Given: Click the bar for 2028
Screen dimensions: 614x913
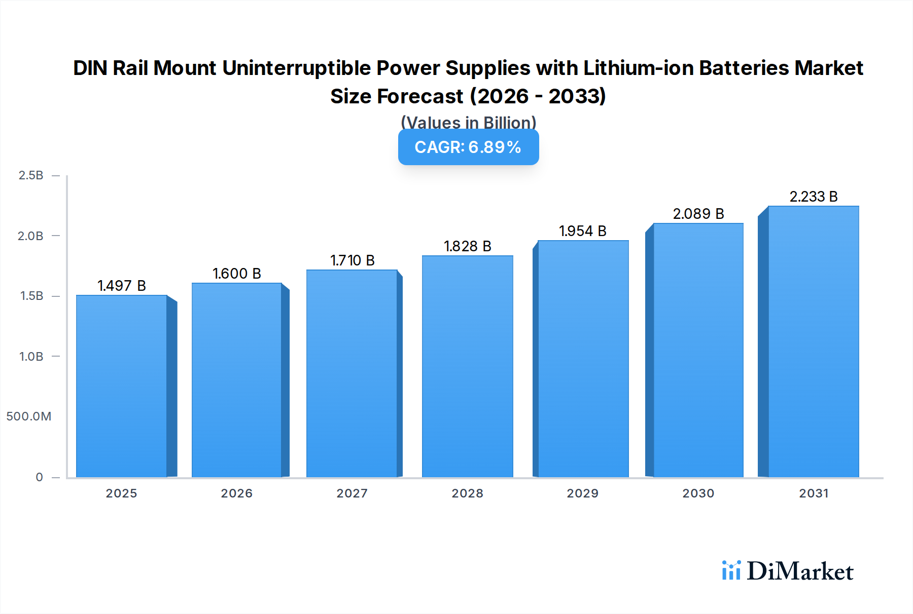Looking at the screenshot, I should click(x=467, y=366).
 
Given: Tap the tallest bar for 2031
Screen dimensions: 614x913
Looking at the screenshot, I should click(x=813, y=341).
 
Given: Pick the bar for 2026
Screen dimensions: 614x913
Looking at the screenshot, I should click(x=236, y=380).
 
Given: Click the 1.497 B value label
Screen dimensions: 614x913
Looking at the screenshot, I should click(x=122, y=286).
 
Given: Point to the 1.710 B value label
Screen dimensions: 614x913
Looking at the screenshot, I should click(x=352, y=260).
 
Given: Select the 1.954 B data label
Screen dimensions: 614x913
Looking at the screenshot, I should click(x=583, y=231).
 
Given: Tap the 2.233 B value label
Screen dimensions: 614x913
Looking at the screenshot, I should click(x=813, y=197).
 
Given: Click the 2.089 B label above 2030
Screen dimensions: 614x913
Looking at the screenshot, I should click(x=698, y=214).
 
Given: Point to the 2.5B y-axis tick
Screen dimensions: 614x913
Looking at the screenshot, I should click(x=31, y=175).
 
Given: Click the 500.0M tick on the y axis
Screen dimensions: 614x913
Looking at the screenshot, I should click(x=29, y=416).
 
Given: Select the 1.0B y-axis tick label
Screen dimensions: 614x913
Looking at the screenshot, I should click(x=31, y=357).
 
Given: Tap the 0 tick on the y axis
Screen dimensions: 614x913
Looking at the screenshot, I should click(x=39, y=477).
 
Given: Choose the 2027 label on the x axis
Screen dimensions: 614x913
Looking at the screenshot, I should click(x=352, y=493).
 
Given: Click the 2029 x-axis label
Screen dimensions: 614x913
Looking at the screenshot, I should click(x=583, y=493).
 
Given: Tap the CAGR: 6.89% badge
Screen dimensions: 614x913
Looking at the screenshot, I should click(x=468, y=147).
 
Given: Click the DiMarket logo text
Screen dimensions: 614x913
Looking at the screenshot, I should click(x=800, y=571).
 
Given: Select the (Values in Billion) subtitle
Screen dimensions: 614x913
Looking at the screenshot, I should click(x=468, y=122).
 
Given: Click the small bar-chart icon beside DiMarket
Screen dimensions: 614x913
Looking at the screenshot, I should click(x=731, y=570).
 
